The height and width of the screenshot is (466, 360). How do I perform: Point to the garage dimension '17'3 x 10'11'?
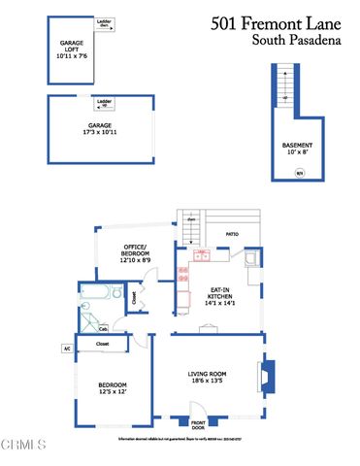tap(102, 131)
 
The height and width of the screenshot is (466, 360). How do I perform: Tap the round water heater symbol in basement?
tap(299, 174)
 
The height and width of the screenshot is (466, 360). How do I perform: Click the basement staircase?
tap(283, 93)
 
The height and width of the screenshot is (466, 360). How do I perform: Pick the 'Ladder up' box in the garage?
tap(104, 101)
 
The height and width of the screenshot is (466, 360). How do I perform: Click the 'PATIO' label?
tap(232, 234)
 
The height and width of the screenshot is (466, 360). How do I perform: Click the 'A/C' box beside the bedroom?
tap(67, 348)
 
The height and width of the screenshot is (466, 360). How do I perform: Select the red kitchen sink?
tap(202, 256)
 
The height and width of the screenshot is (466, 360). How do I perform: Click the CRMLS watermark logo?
tap(24, 445)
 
